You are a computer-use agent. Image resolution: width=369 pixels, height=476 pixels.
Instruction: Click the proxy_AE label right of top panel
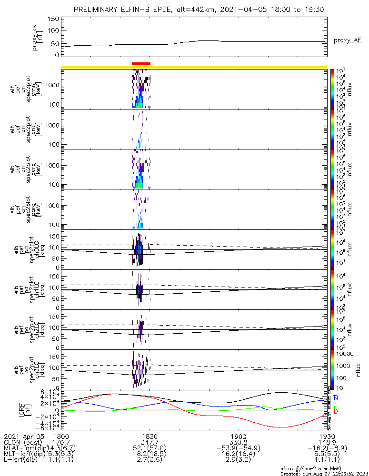click(348, 41)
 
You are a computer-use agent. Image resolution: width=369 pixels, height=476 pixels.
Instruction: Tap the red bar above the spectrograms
click(141, 63)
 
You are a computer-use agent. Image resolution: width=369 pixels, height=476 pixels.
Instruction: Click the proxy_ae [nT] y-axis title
click(38, 36)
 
